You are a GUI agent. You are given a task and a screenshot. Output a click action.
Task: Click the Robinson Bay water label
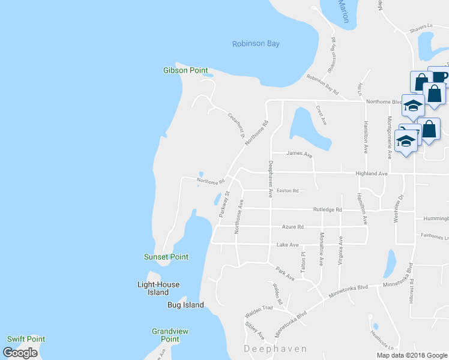click(x=256, y=44)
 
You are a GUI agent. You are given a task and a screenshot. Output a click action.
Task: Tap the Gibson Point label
click(x=185, y=70)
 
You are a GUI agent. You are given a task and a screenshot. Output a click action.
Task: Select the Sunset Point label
click(x=166, y=257)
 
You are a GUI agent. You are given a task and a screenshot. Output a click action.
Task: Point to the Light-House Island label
click(x=158, y=289)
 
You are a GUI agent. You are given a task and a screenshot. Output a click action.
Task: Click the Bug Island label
click(x=185, y=305)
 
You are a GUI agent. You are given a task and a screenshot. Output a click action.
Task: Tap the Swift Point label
click(x=26, y=339)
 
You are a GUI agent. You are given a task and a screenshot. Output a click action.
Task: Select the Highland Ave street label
click(x=372, y=173)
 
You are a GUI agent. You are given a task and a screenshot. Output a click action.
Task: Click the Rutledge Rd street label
click(x=327, y=209)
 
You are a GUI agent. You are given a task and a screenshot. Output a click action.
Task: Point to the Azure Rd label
click(x=293, y=227)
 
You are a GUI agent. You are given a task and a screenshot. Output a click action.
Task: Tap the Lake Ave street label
click(x=288, y=245)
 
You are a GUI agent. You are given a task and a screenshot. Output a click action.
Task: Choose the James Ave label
click(x=300, y=155)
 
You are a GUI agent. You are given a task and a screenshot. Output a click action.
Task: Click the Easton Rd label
click(x=287, y=191)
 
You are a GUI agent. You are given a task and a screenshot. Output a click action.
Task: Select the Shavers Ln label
click(x=421, y=26)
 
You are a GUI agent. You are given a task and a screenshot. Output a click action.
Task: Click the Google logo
click(x=20, y=353)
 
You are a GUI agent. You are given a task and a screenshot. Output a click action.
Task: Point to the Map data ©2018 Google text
click(x=412, y=355)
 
